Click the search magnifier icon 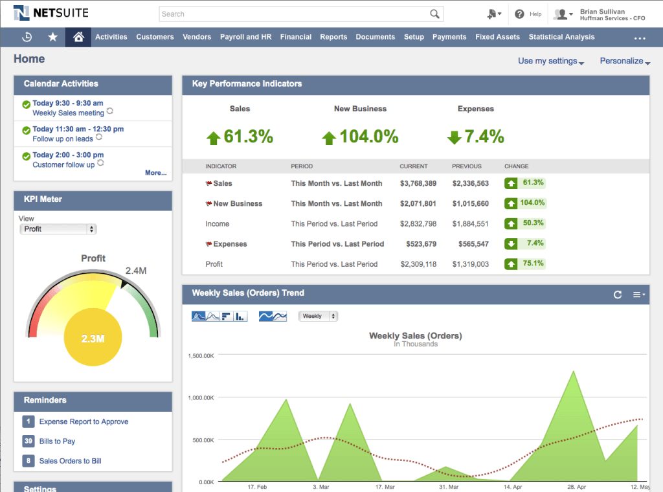(435, 14)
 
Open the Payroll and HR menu (245, 37)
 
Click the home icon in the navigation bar (78, 37)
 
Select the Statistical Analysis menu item (561, 37)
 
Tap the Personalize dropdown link (624, 61)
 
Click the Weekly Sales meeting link (68, 113)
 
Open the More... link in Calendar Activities (155, 173)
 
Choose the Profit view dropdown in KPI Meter (58, 229)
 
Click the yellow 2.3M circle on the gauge (93, 338)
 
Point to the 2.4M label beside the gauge (135, 271)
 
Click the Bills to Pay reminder (57, 441)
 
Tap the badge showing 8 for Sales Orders (28, 461)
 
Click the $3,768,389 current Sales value (418, 183)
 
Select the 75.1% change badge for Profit (525, 264)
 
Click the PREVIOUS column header (466, 166)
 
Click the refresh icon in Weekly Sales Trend (618, 295)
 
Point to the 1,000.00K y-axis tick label (201, 398)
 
